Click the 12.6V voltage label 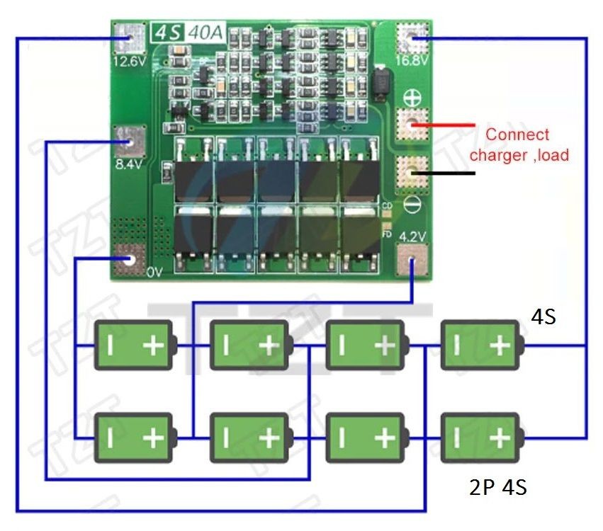(128, 61)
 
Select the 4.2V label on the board (412, 236)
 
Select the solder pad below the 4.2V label (413, 263)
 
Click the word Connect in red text (517, 135)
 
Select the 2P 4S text (497, 487)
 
